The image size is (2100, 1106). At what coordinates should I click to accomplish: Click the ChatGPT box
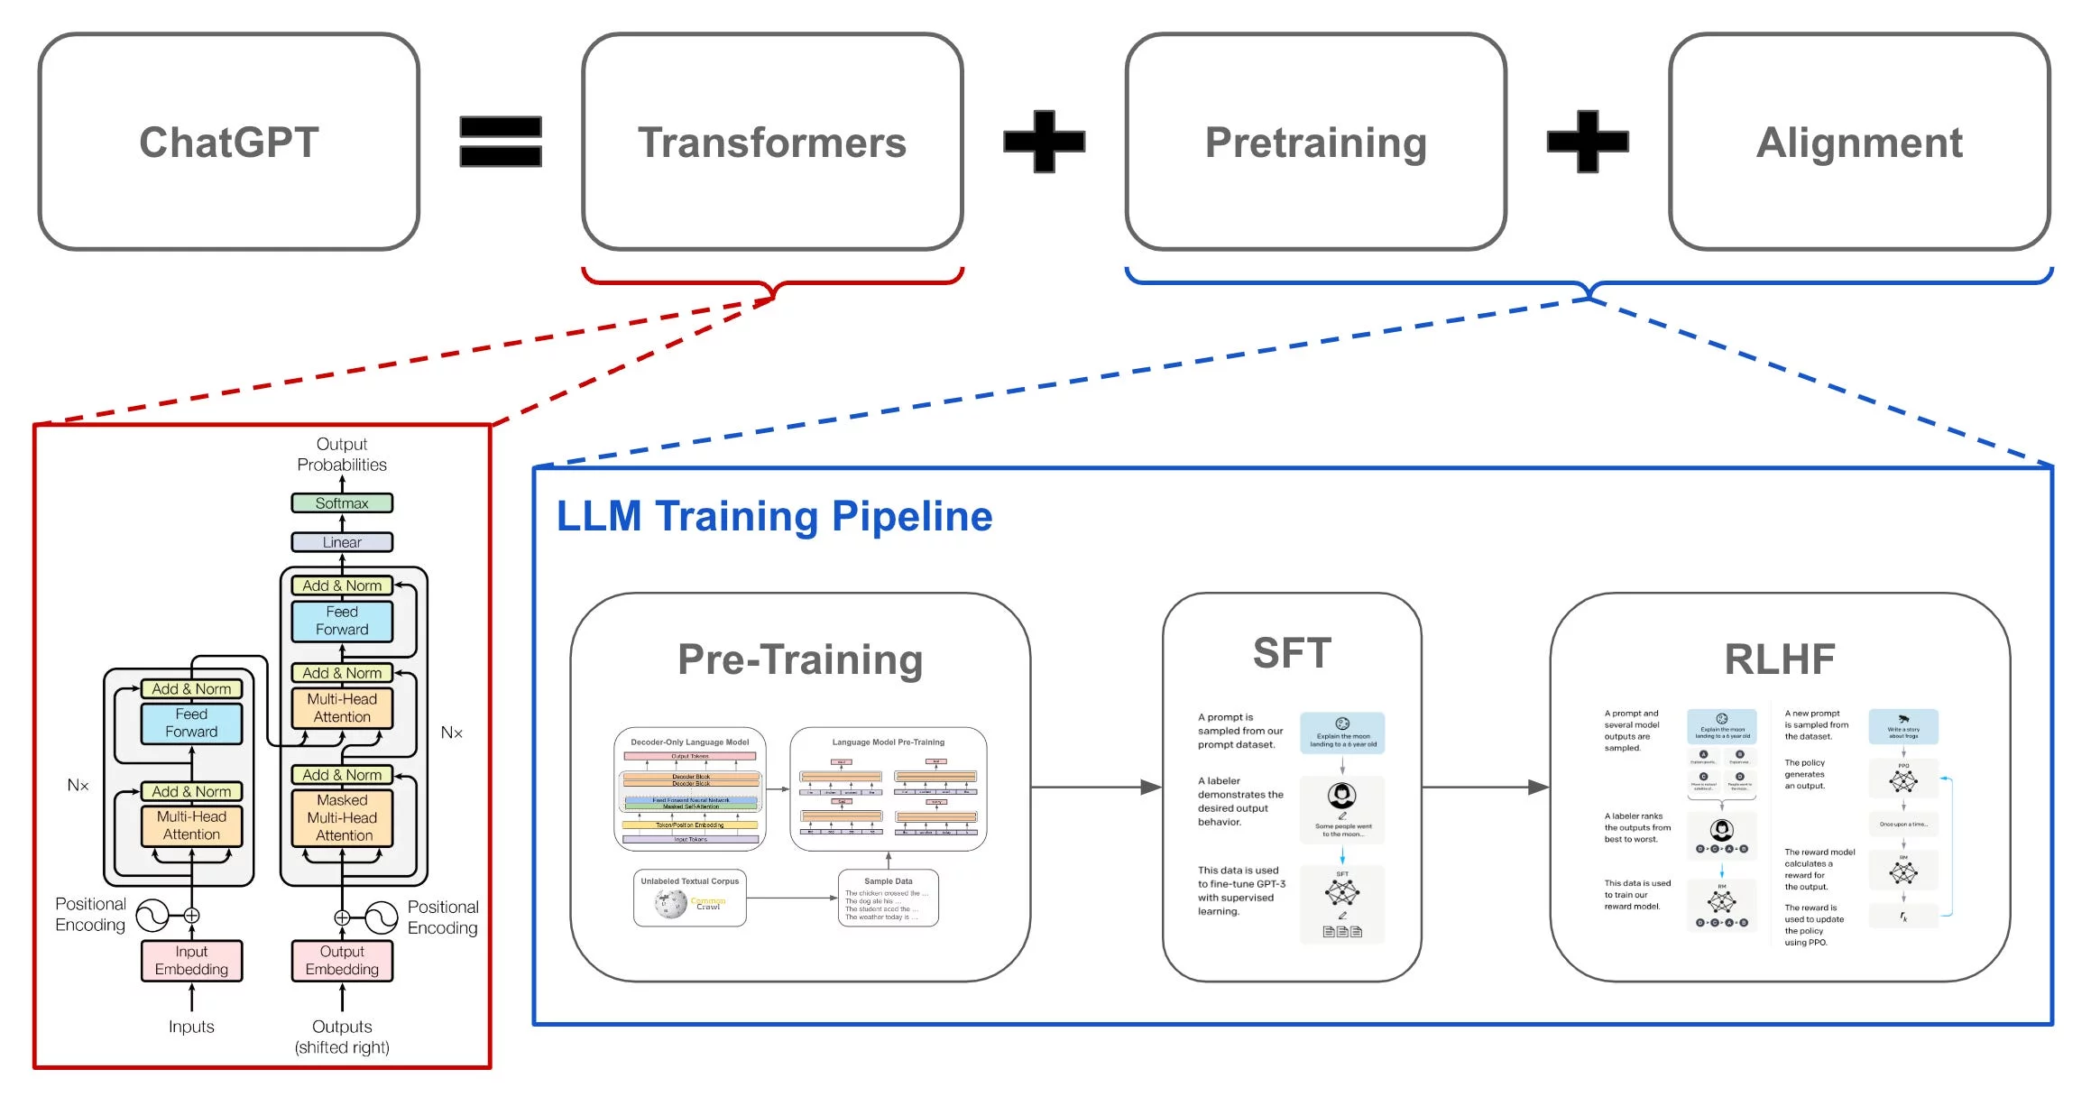(x=228, y=142)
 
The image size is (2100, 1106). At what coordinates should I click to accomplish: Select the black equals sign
(x=501, y=142)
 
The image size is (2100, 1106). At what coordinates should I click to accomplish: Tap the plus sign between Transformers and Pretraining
(x=1045, y=142)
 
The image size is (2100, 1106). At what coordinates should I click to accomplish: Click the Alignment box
(x=1859, y=142)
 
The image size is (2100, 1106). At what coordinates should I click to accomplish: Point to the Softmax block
(x=342, y=503)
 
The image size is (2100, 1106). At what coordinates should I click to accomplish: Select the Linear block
(x=342, y=542)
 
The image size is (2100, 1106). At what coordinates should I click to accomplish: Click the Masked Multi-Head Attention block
(x=342, y=818)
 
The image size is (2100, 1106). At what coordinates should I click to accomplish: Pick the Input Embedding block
(x=191, y=961)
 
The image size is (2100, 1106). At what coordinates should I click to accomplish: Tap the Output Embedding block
(x=342, y=961)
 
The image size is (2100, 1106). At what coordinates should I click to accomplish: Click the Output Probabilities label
(x=342, y=455)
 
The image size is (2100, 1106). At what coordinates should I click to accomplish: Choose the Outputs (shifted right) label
(x=342, y=1037)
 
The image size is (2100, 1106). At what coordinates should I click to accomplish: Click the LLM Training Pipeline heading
(x=774, y=517)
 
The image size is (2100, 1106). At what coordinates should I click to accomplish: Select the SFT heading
(x=1292, y=653)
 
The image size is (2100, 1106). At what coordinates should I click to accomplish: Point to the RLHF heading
(x=1779, y=659)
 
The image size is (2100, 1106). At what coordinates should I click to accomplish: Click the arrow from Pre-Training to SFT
(x=1095, y=788)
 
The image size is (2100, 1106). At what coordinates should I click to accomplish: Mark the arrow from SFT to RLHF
(x=1485, y=788)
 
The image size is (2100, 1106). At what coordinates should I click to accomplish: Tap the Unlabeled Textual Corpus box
(x=690, y=898)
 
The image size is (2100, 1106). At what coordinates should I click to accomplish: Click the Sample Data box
(x=889, y=898)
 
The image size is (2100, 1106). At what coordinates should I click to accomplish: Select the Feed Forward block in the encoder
(x=191, y=724)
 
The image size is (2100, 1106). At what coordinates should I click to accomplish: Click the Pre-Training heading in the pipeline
(x=800, y=659)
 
